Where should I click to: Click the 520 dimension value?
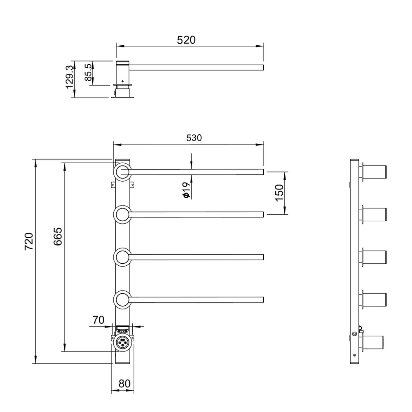click(x=186, y=40)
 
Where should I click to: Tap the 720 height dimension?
click(x=29, y=241)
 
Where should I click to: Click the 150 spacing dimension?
click(x=279, y=192)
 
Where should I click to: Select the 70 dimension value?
click(x=98, y=320)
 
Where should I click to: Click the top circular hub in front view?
click(x=122, y=172)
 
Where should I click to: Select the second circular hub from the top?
click(x=122, y=215)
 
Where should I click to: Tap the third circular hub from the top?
click(x=122, y=257)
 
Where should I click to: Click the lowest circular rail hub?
click(x=122, y=300)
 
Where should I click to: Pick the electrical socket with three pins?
click(x=122, y=342)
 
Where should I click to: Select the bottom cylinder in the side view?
click(x=372, y=343)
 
